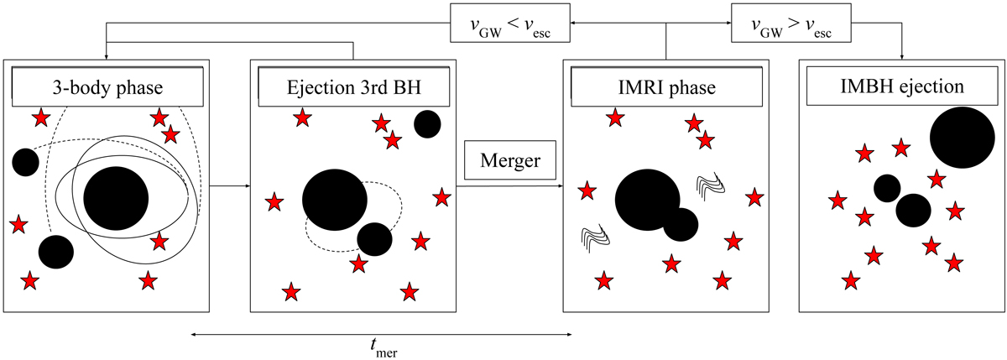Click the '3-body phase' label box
coord(106,87)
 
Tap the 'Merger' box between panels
coord(510,160)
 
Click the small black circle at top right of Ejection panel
coord(427,124)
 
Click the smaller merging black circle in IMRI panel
coord(681,224)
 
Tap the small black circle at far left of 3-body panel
coord(24,161)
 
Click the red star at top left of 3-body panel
coord(39,118)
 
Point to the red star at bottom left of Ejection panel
coord(290,292)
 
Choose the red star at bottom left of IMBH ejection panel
coord(851,280)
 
